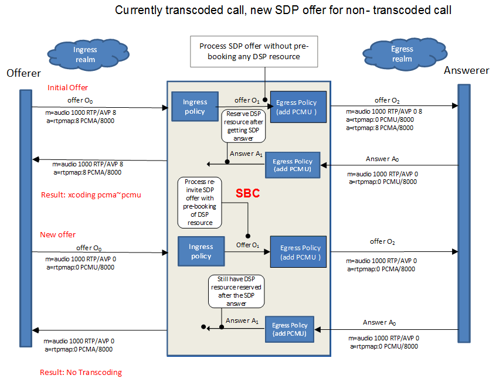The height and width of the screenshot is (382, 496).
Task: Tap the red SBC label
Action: tap(247, 194)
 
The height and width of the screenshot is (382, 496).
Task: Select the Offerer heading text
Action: tap(23, 73)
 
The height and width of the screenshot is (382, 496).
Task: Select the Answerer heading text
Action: tap(466, 70)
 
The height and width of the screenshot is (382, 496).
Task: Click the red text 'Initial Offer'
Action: tap(67, 87)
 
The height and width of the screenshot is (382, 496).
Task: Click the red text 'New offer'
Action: tap(57, 234)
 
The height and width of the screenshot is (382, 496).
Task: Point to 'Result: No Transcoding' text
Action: tap(80, 373)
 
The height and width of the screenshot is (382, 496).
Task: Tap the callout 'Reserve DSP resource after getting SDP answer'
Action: tap(243, 125)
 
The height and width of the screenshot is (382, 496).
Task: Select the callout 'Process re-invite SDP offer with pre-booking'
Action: tap(199, 203)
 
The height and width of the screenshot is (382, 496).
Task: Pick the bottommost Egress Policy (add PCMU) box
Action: tap(290, 329)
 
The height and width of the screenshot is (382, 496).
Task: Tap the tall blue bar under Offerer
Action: tap(25, 217)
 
